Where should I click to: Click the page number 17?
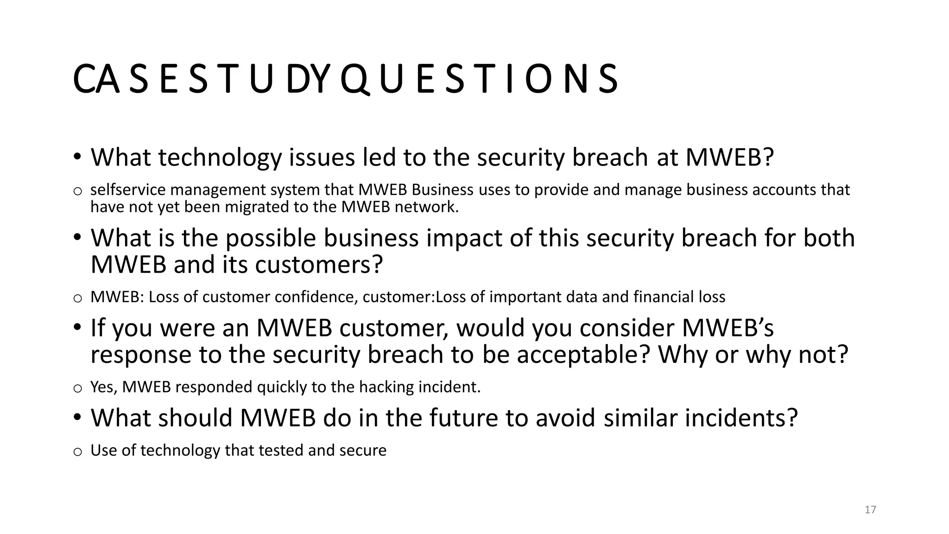coord(870,510)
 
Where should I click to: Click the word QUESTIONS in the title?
coord(478,79)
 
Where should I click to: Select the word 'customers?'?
coord(319,265)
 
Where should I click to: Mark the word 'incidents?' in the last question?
coord(741,418)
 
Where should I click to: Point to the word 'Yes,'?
coord(104,387)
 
